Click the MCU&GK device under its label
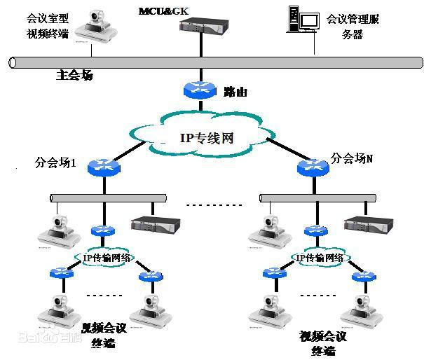click(203, 27)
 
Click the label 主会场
click(74, 75)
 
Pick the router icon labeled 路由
click(202, 90)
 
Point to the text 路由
click(236, 91)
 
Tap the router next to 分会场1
click(104, 167)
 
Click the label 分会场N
click(353, 158)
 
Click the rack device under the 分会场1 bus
click(155, 225)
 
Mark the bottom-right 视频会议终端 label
click(323, 343)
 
